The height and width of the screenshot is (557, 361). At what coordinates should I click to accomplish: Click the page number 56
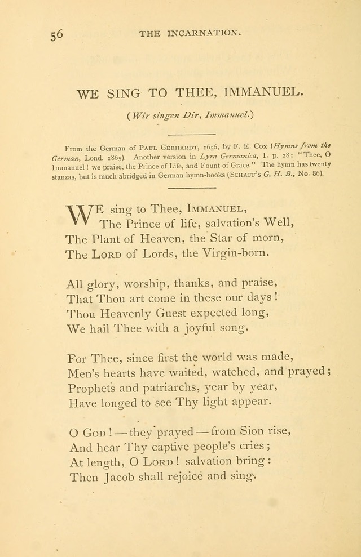click(x=57, y=35)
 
